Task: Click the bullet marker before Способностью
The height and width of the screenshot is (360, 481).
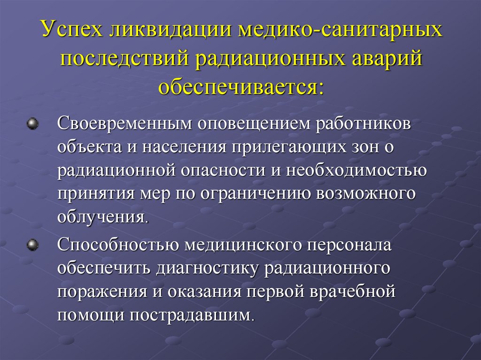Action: pyautogui.click(x=32, y=244)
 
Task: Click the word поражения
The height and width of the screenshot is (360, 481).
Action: pyautogui.click(x=100, y=291)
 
